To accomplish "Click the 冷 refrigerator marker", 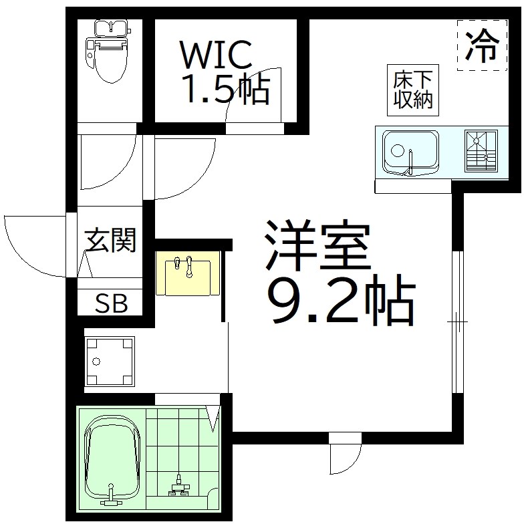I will [x=481, y=45].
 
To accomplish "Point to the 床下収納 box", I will [x=412, y=90].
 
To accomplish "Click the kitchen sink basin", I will [x=410, y=152].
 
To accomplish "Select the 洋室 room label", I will [x=317, y=245].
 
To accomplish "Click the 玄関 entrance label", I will [x=110, y=240].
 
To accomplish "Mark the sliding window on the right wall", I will [x=458, y=322].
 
